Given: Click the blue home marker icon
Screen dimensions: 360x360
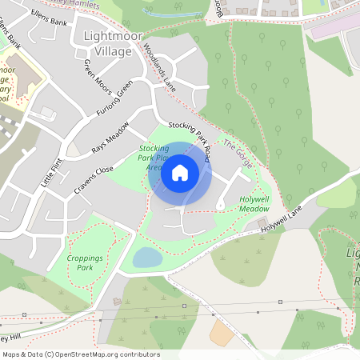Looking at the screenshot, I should [x=180, y=172].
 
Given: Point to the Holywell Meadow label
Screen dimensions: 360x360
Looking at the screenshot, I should [x=254, y=203].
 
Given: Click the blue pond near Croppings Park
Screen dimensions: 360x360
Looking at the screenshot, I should [x=146, y=258].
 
